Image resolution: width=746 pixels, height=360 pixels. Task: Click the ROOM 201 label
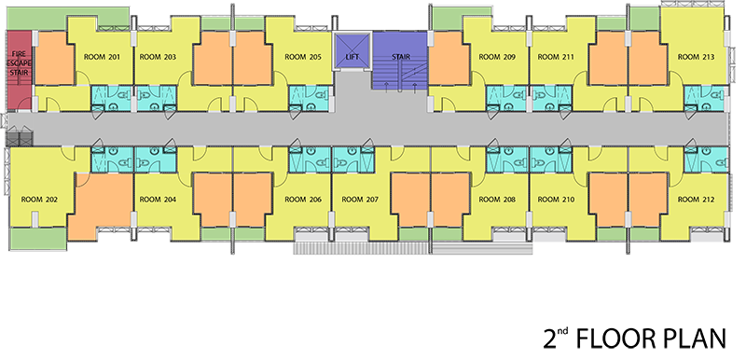point(102,57)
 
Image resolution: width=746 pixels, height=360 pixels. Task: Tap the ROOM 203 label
point(158,57)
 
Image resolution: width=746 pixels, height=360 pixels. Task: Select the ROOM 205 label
point(303,57)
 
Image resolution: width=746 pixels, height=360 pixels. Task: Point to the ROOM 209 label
point(497,57)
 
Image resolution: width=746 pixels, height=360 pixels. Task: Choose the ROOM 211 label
point(556,57)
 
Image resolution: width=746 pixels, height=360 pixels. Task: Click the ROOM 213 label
point(696,57)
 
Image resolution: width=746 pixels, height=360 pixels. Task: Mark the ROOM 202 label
point(39,200)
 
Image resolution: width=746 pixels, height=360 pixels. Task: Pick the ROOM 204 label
point(158,200)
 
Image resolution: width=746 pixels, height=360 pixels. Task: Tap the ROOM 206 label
point(303,200)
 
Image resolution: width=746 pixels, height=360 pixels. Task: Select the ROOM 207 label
point(360,200)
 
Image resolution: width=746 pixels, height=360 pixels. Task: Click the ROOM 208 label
point(497,200)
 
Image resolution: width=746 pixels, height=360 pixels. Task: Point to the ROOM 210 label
point(556,200)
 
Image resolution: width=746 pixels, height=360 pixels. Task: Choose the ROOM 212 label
point(696,200)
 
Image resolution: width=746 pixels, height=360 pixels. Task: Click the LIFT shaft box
point(352,51)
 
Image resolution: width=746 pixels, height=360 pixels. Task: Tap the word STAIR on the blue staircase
point(401,57)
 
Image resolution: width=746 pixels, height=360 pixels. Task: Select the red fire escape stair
point(19,70)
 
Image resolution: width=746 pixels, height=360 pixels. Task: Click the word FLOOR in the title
point(615,339)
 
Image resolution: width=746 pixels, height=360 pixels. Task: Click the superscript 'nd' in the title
point(563,331)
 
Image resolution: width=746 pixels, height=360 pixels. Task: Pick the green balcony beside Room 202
point(38,238)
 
